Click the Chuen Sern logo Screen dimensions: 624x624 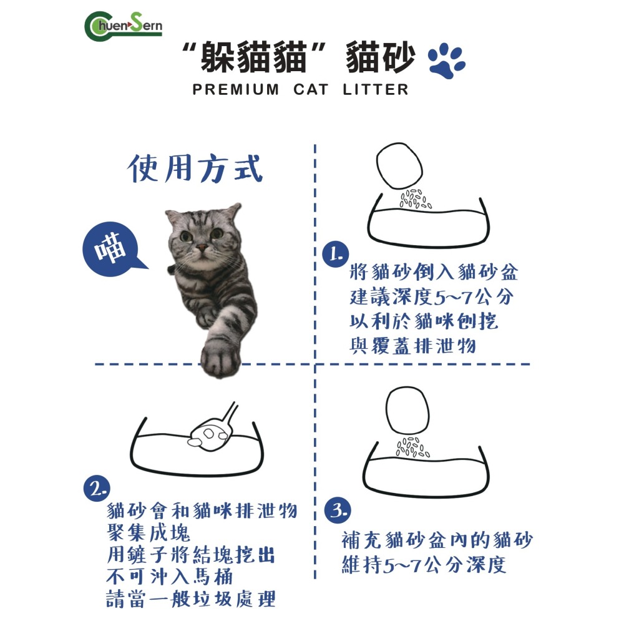(122, 26)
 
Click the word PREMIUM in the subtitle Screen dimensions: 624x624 (236, 89)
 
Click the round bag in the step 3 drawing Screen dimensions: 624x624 (409, 411)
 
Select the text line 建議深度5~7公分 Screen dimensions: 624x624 (431, 297)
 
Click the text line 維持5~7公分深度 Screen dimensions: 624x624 (424, 565)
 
